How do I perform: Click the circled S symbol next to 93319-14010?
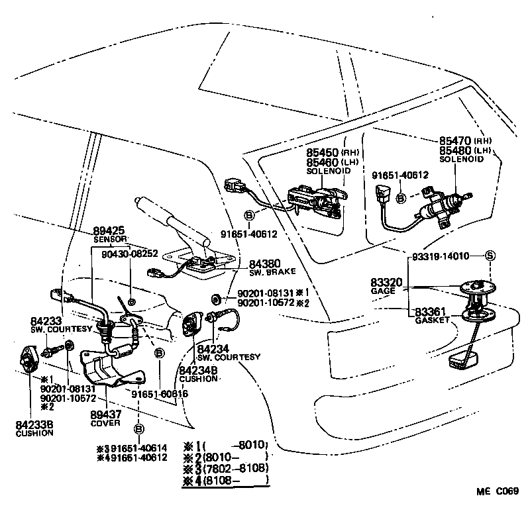(x=490, y=256)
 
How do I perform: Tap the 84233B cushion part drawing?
(x=28, y=361)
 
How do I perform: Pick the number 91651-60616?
(x=159, y=394)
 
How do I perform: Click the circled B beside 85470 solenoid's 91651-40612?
(x=400, y=198)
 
